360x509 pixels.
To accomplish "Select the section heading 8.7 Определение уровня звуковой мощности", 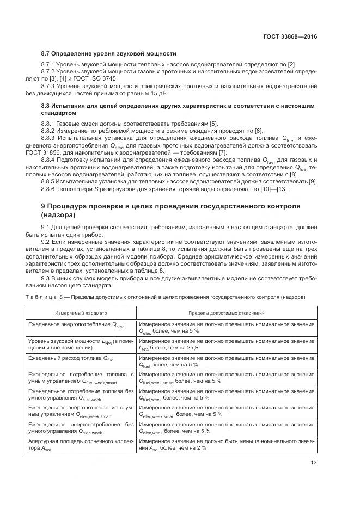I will tap(109, 54).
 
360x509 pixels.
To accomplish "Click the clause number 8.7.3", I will tap(50, 86).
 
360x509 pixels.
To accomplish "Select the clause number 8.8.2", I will tap(50, 131).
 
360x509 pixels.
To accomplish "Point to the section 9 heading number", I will tap(44, 206).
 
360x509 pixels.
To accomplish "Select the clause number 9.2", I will tap(47, 240).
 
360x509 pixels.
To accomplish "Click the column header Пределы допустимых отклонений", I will tap(226, 314).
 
